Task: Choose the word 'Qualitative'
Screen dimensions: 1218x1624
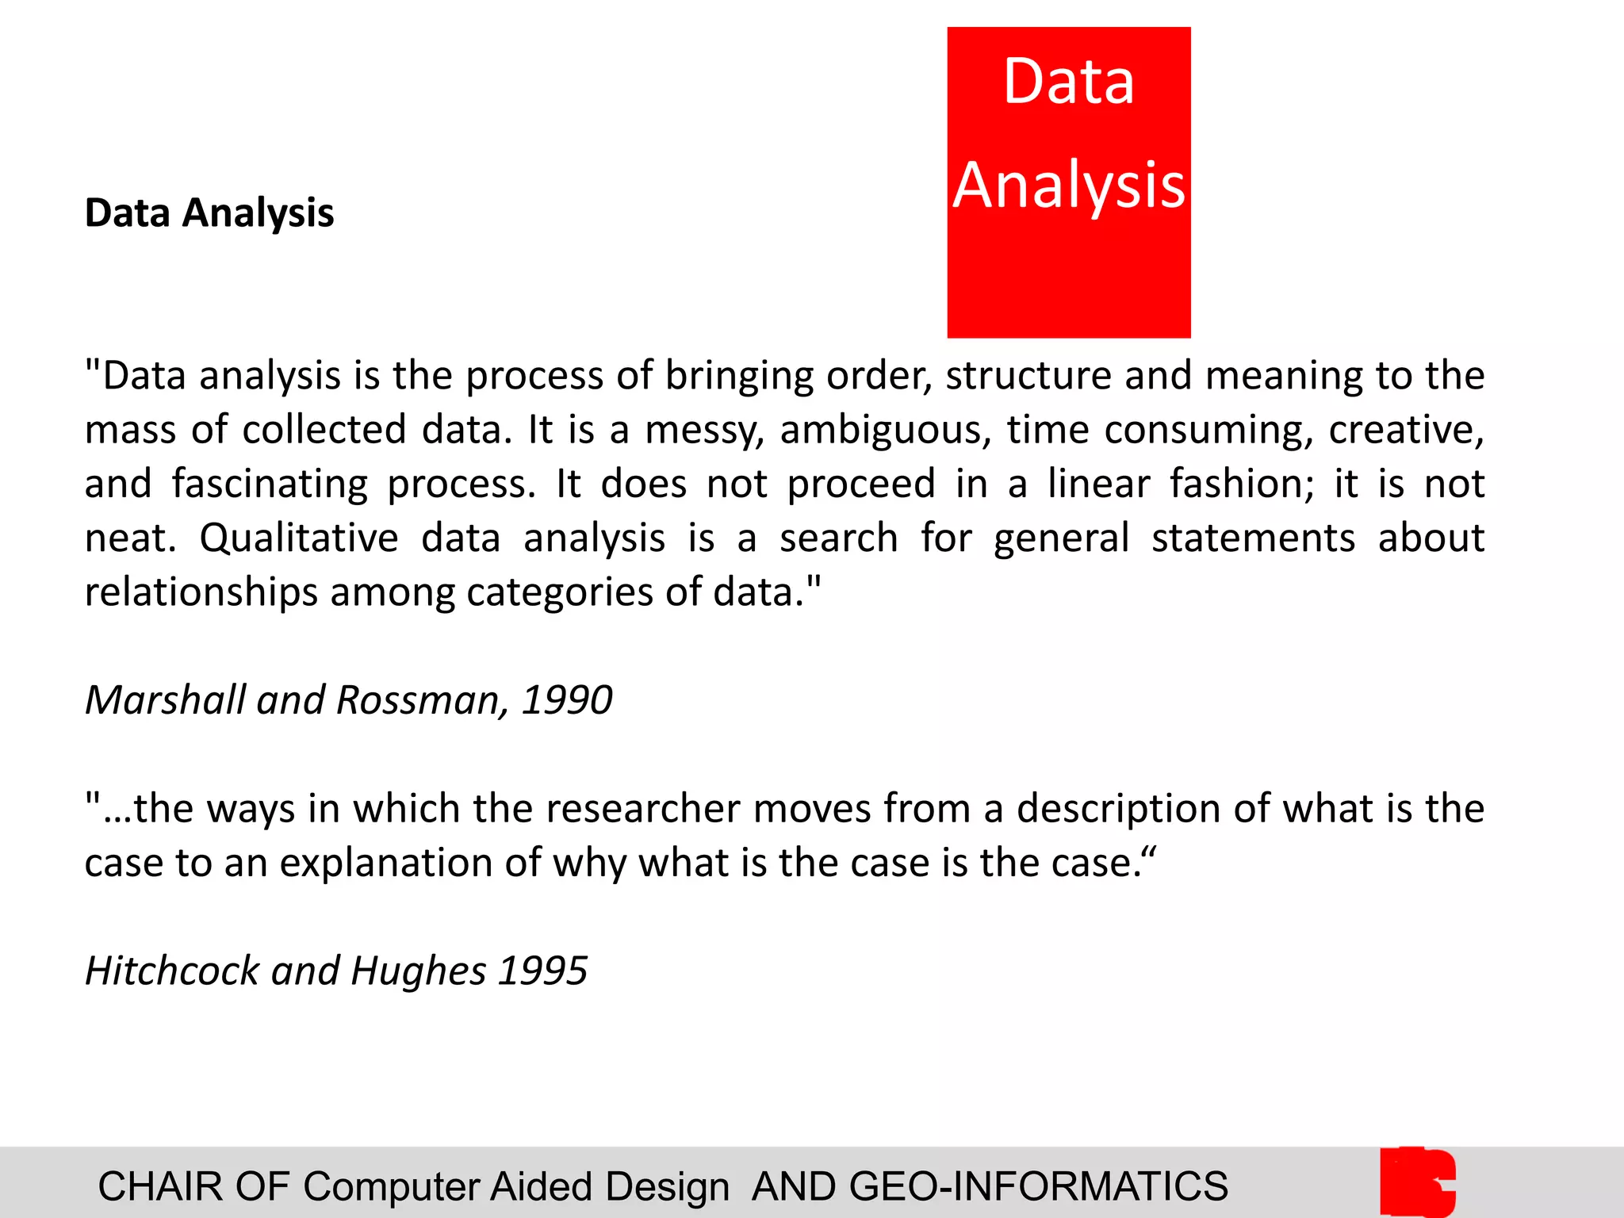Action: [299, 539]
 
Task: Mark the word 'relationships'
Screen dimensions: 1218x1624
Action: [201, 593]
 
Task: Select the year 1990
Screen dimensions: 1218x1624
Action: [567, 700]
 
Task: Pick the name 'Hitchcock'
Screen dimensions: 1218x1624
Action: [171, 971]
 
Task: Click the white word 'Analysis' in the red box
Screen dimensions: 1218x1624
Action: [1069, 186]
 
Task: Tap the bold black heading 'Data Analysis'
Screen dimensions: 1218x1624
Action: [209, 213]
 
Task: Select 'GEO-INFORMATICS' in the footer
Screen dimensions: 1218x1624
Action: [1038, 1187]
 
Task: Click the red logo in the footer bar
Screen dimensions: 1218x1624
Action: [1418, 1182]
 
